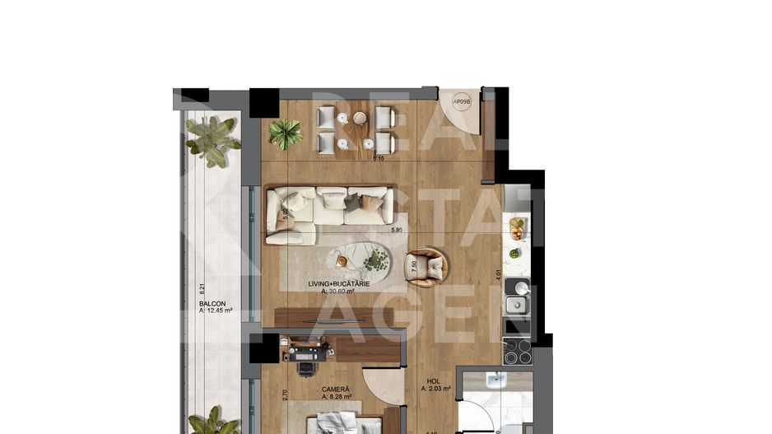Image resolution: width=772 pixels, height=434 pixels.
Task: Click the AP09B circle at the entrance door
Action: coord(461,104)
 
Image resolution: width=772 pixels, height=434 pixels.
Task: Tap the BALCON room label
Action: coord(212,303)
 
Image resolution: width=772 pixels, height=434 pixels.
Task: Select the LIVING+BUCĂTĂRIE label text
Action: coord(338,283)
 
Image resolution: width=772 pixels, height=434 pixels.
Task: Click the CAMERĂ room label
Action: coord(336,389)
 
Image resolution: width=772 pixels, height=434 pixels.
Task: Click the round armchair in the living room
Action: coord(428,267)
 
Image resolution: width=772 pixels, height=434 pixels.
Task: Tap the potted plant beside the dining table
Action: coord(286,133)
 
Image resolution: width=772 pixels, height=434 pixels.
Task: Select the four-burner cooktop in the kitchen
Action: coord(517,352)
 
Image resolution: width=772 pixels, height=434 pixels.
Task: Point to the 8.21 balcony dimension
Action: coord(201,289)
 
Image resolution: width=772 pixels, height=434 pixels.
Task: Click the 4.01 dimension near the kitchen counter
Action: coord(498,277)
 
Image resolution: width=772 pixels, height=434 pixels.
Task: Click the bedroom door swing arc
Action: coord(384,387)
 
